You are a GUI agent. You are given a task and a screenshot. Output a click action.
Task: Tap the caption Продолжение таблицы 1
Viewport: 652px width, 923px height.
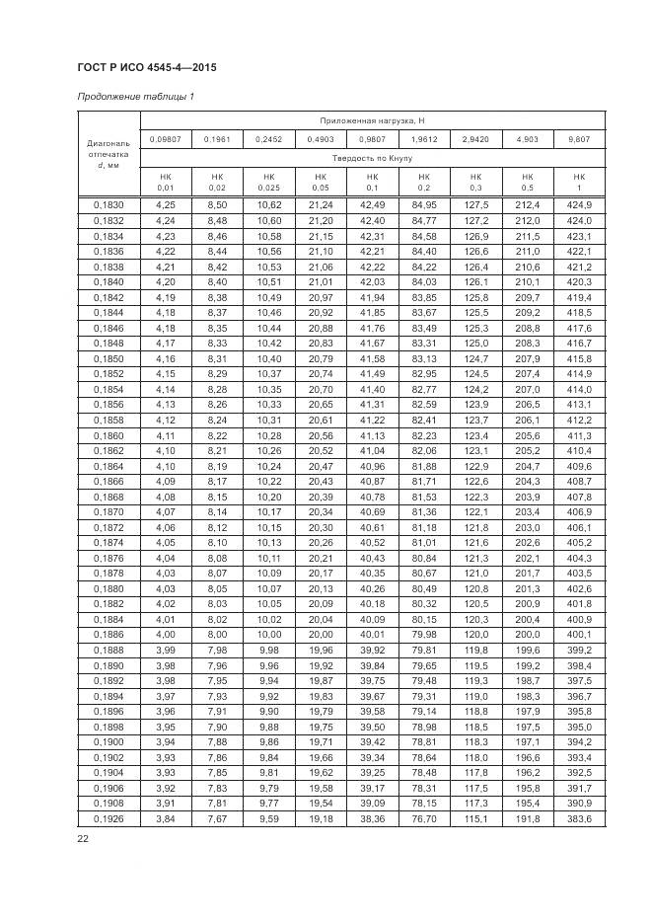(136, 97)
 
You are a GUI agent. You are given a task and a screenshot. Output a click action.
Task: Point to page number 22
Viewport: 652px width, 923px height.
(83, 839)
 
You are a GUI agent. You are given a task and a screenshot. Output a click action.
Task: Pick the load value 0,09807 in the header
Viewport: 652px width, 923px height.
(165, 139)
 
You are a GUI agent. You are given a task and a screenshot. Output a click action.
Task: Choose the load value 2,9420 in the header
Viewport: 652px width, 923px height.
(475, 139)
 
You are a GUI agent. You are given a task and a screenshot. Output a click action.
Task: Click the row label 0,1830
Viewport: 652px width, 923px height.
(109, 204)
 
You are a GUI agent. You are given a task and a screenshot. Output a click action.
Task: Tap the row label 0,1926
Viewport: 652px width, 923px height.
(109, 819)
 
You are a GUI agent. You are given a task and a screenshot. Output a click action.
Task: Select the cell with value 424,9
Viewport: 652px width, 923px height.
(579, 204)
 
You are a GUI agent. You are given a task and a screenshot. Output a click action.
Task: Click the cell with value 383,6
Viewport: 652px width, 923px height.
(579, 819)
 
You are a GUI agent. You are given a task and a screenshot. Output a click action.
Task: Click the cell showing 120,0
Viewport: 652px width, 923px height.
(476, 635)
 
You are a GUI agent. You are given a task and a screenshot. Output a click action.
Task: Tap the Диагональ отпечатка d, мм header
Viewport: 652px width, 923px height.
(109, 154)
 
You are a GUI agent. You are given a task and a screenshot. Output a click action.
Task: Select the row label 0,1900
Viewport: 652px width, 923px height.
(109, 742)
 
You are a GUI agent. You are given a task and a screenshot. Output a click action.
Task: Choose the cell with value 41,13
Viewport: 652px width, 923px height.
(372, 435)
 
